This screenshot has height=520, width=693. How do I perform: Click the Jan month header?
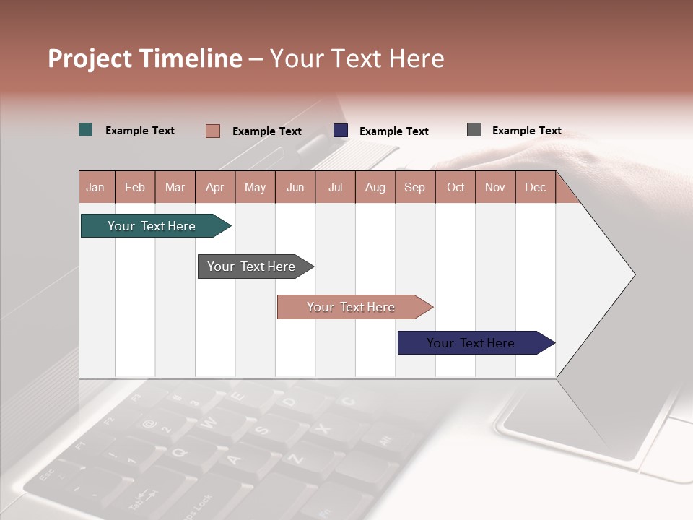click(95, 187)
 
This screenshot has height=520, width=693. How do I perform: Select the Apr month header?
click(215, 187)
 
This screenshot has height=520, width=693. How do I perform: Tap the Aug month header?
click(375, 187)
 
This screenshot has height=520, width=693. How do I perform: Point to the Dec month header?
click(535, 187)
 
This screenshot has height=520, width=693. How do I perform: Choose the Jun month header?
click(295, 187)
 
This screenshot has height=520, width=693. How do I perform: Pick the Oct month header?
click(456, 187)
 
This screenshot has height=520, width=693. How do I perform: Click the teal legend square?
click(86, 130)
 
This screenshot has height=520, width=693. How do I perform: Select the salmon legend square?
click(213, 131)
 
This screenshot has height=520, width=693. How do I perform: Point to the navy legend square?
click(341, 131)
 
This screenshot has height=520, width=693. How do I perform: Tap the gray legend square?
click(474, 130)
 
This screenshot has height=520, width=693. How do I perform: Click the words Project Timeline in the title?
click(145, 58)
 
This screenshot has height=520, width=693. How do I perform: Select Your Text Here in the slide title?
click(357, 58)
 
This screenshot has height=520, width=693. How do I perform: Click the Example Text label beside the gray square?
click(526, 131)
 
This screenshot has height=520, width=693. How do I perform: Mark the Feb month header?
click(135, 187)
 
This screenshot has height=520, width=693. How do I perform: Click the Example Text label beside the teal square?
click(140, 131)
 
